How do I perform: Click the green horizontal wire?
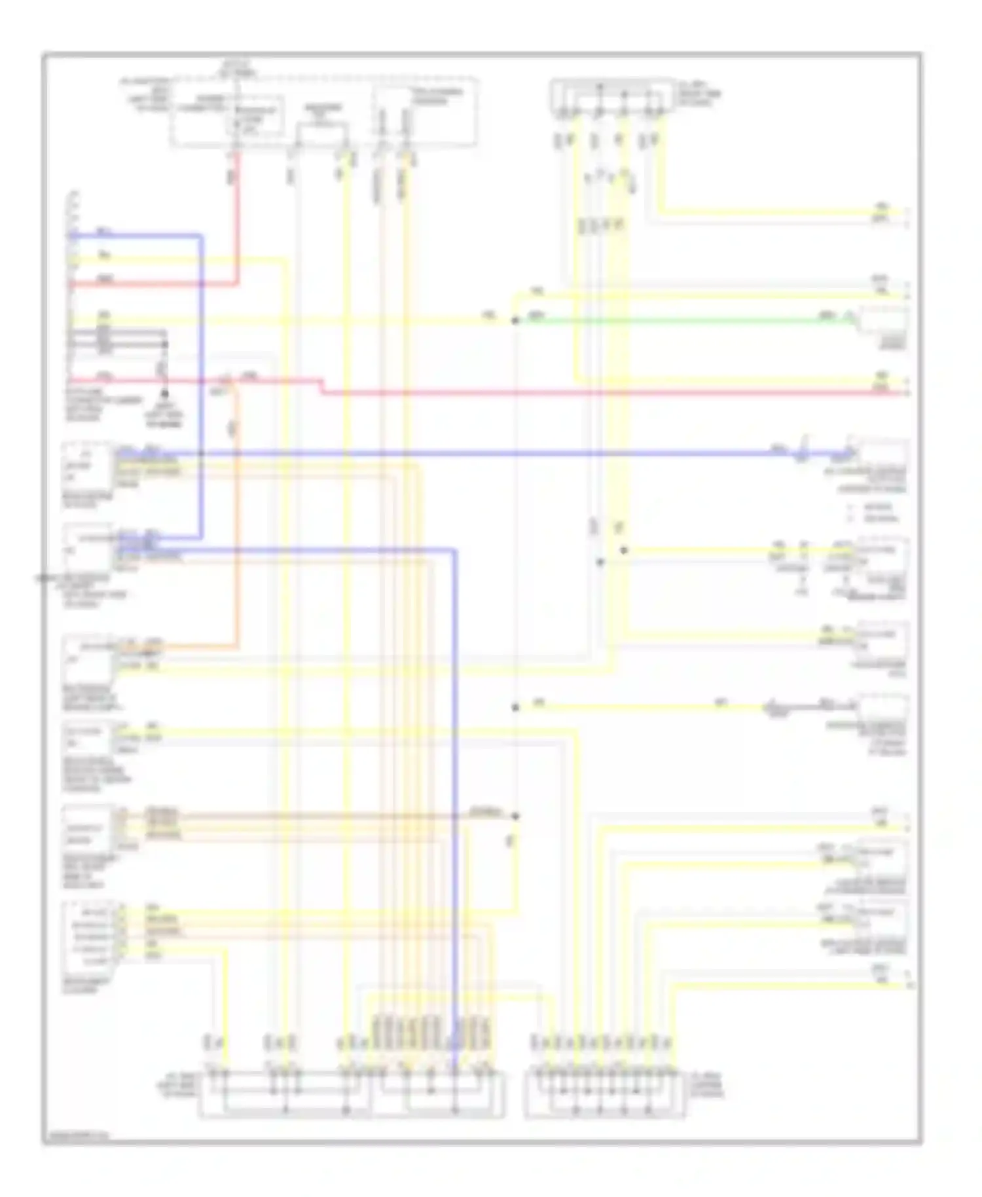click(681, 321)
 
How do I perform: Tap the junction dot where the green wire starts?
click(515, 321)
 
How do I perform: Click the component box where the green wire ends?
click(882, 322)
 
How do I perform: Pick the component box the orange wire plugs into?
click(88, 658)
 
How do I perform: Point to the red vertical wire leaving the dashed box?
click(237, 216)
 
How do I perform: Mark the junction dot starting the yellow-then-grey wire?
click(515, 707)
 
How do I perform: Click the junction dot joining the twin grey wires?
click(165, 344)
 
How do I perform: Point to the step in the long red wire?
click(322, 386)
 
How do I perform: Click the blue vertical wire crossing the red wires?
click(201, 327)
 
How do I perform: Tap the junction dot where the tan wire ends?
click(515, 816)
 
